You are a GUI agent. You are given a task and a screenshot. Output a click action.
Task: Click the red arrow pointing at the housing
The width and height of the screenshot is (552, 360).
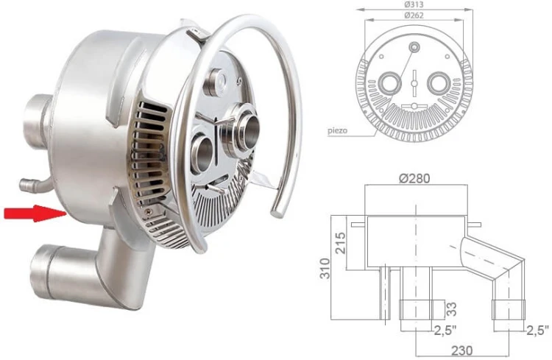(x=32, y=213)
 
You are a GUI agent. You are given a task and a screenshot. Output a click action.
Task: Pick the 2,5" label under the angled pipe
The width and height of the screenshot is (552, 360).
(x=537, y=328)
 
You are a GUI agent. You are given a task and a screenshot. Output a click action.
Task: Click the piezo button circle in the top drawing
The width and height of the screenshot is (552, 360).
(x=414, y=48)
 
